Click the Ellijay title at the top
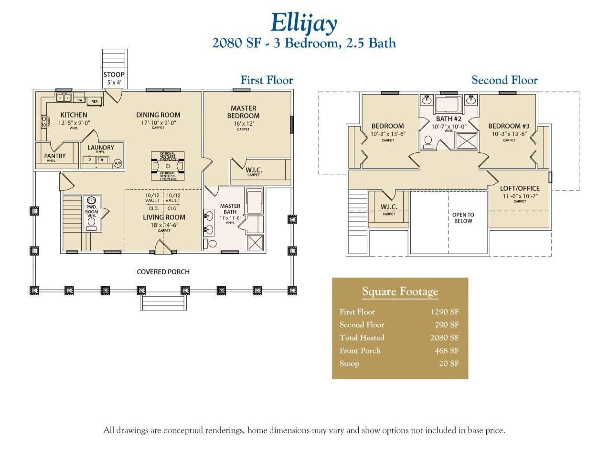point(304,23)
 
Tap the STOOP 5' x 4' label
point(114,77)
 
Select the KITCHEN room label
point(74,115)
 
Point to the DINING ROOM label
point(158,115)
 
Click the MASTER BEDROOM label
point(243,112)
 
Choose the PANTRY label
point(55,156)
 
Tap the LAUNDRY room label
point(100,148)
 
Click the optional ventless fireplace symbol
point(167,166)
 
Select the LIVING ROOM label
point(164,217)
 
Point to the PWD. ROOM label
point(92,210)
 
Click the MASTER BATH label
point(230,209)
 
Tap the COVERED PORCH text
point(163,272)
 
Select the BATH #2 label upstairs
point(449,119)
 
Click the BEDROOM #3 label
point(509,127)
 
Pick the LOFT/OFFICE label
point(520,189)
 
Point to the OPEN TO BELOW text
point(463,218)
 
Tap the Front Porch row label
point(360,351)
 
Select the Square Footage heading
point(400,291)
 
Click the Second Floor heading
point(504,80)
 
